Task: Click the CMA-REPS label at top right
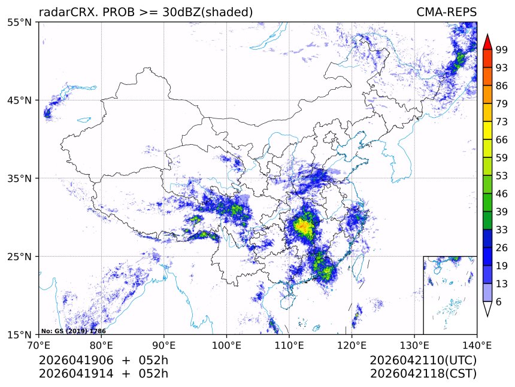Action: (446, 12)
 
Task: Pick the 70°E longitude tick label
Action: (39, 345)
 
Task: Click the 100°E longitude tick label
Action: (226, 345)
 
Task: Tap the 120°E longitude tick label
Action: (352, 345)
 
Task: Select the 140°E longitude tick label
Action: (477, 345)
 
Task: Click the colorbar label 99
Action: (502, 50)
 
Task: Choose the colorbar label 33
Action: (502, 230)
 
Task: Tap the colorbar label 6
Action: (499, 302)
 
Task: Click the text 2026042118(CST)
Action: (423, 374)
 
